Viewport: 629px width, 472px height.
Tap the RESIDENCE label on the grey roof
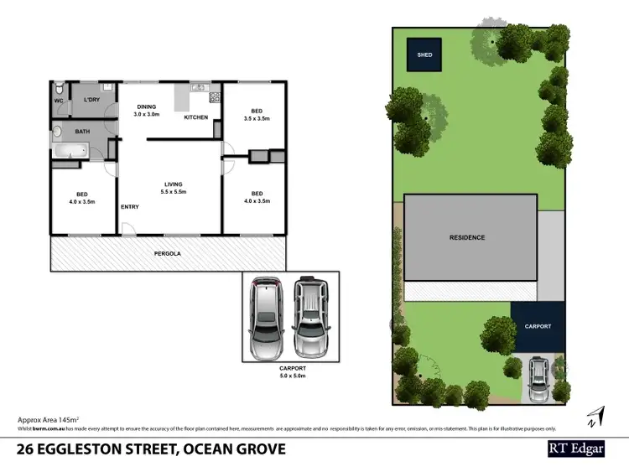[467, 237]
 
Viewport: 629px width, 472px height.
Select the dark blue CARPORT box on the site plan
[538, 326]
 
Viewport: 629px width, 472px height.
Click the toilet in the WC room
[58, 90]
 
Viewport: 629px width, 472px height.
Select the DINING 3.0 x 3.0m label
[148, 111]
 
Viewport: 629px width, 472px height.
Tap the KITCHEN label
[196, 117]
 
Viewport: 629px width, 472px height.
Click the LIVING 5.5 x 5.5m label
[173, 188]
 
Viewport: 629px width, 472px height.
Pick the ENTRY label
[130, 207]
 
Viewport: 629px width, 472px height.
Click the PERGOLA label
[168, 253]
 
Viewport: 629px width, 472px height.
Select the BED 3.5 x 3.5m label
[256, 116]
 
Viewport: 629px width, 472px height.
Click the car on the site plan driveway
[538, 381]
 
